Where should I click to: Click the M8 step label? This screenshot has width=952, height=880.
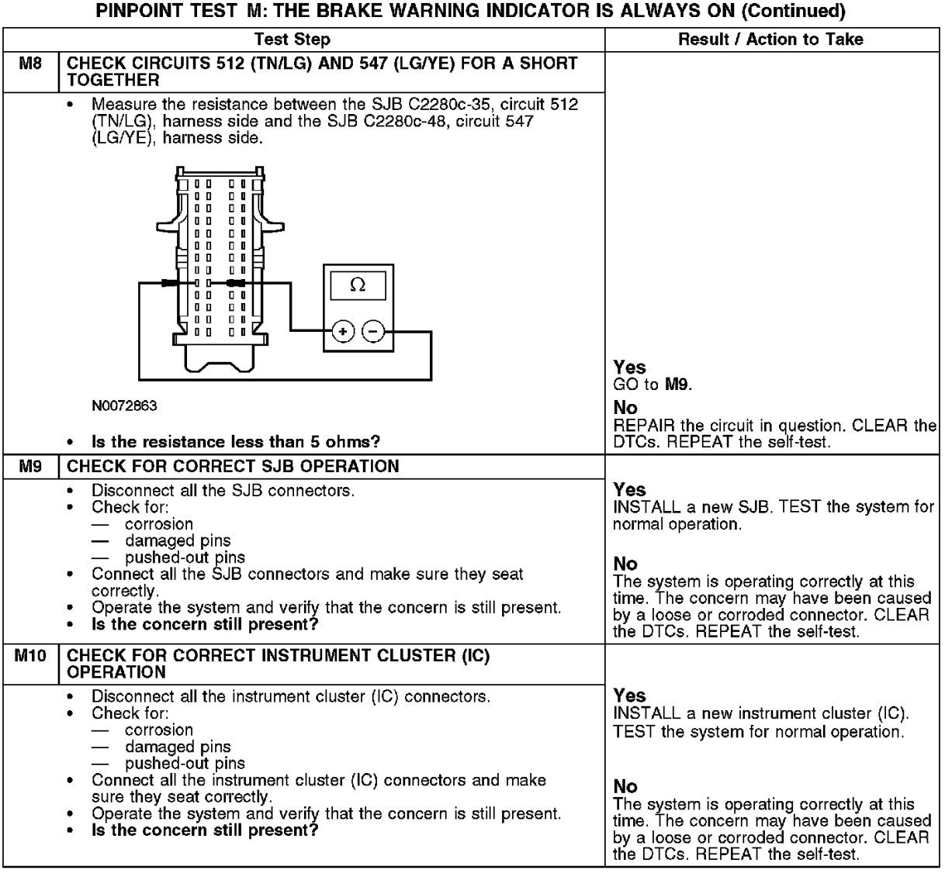[x=29, y=64]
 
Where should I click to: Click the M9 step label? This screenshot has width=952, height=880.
[x=29, y=467]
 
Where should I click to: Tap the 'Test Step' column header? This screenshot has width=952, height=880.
[x=292, y=40]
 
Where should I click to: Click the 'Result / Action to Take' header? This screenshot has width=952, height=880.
[x=770, y=40]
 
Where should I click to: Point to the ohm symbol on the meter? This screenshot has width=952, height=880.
[x=358, y=285]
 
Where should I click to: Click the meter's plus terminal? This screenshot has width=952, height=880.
[x=342, y=332]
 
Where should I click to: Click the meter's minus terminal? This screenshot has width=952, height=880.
[x=373, y=332]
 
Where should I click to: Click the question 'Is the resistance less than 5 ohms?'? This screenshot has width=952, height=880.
[x=236, y=442]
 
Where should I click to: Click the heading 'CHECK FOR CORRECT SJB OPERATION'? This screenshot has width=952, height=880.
[x=233, y=467]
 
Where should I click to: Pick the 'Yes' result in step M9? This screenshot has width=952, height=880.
[x=628, y=490]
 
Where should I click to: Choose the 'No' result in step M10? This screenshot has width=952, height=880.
[x=625, y=787]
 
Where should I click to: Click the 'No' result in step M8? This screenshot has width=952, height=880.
[x=625, y=408]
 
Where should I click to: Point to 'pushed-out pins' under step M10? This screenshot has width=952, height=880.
[x=185, y=764]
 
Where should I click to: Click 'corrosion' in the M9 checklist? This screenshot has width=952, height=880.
[x=159, y=524]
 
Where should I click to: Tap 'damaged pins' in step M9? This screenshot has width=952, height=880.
[x=178, y=541]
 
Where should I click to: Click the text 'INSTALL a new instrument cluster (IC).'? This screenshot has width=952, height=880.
[x=760, y=713]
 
